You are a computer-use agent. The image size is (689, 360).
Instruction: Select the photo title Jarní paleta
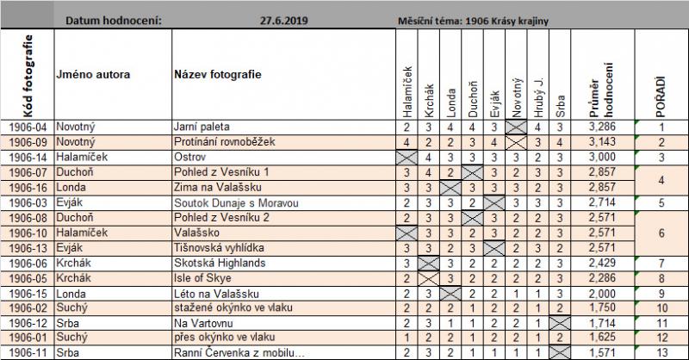tap(200, 126)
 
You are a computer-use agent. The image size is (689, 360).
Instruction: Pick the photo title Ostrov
tap(189, 157)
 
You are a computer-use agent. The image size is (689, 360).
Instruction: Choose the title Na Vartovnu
tap(201, 322)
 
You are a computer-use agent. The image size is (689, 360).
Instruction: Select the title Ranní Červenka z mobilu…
tap(239, 353)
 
